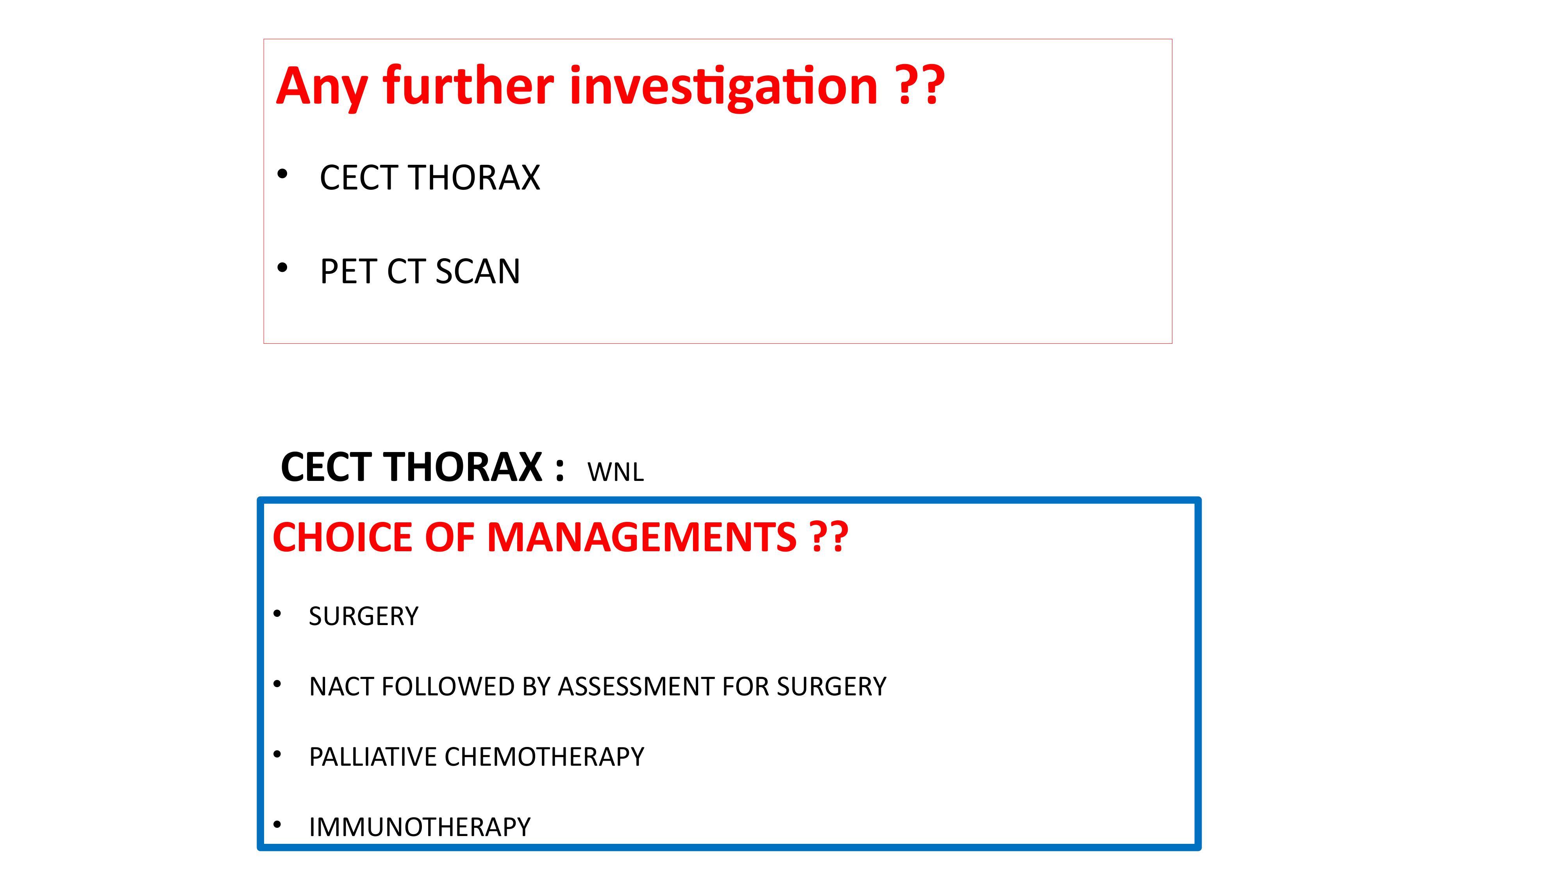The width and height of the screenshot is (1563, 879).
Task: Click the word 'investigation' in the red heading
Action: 723,87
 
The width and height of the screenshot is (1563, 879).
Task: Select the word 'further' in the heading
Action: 468,84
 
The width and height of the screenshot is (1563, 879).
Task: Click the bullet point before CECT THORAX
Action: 282,175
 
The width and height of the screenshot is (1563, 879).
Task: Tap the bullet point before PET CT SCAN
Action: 282,268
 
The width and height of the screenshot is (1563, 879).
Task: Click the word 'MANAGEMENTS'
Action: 641,538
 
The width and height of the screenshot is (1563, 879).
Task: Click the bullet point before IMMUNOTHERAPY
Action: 277,824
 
